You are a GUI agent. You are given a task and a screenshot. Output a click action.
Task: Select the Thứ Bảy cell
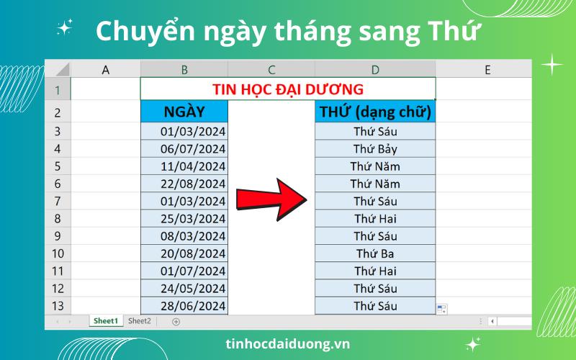pyautogui.click(x=375, y=149)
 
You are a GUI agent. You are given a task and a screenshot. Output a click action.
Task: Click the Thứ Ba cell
pyautogui.click(x=375, y=253)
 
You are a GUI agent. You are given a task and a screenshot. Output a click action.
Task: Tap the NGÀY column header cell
pyautogui.click(x=184, y=112)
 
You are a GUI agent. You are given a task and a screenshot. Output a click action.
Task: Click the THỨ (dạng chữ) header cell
pyautogui.click(x=375, y=112)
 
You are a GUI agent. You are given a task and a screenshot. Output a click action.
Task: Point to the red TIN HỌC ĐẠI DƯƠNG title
pyautogui.click(x=288, y=89)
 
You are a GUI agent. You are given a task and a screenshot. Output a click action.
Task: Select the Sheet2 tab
pyautogui.click(x=140, y=321)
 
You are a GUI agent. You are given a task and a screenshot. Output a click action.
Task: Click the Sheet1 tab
pyautogui.click(x=106, y=321)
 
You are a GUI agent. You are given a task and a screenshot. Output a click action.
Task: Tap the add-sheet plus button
pyautogui.click(x=176, y=321)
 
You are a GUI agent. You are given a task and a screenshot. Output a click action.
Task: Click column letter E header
pyautogui.click(x=487, y=69)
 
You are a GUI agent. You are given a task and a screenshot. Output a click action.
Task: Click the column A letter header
pyautogui.click(x=106, y=69)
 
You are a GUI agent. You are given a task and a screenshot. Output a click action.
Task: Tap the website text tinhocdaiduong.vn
pyautogui.click(x=288, y=343)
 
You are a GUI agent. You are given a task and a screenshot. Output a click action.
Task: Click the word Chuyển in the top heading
pyautogui.click(x=137, y=32)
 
